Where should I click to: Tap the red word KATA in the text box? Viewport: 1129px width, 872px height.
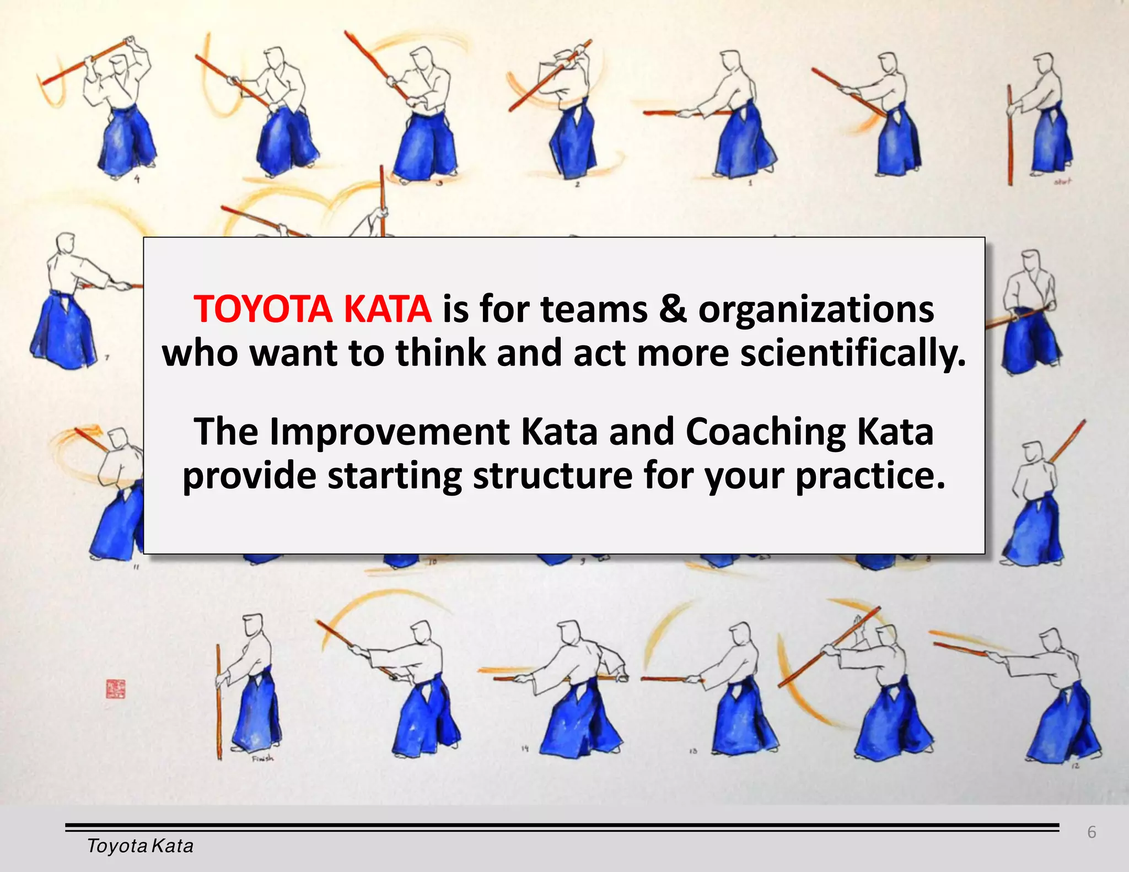click(x=387, y=309)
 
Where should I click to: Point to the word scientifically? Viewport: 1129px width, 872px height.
click(x=852, y=353)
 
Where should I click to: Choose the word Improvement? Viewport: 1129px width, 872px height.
click(x=389, y=432)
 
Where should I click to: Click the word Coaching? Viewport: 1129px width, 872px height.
click(x=765, y=432)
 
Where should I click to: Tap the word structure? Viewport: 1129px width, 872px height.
click(x=552, y=476)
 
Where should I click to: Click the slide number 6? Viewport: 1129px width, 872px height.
click(x=1092, y=832)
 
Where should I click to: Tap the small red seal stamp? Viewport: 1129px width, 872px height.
click(x=115, y=689)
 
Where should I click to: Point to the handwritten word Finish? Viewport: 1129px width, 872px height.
click(x=262, y=758)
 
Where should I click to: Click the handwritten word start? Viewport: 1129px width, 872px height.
click(x=1062, y=181)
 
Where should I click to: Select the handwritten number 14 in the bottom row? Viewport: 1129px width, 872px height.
click(x=525, y=749)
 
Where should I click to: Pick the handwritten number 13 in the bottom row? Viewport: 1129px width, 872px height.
click(x=693, y=751)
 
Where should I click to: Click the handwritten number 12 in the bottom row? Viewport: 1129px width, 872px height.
click(x=1076, y=766)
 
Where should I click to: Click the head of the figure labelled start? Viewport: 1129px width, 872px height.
click(x=1044, y=64)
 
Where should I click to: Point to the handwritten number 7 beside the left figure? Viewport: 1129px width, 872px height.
click(x=107, y=357)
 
